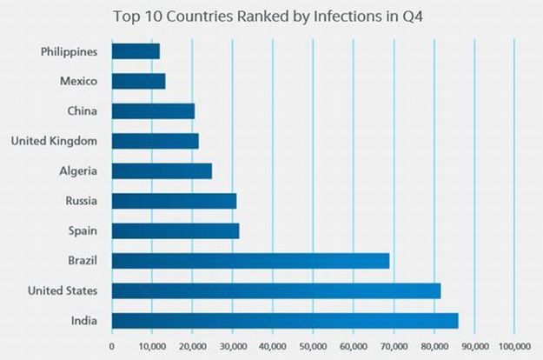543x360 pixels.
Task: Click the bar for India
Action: coord(285,321)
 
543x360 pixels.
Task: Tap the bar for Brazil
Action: coord(250,261)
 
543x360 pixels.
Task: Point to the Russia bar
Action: coord(174,201)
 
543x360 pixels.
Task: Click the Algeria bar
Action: coord(162,170)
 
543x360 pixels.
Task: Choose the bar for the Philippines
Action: coord(136,51)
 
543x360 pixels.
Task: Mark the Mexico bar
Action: coord(138,82)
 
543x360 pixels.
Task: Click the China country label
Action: coord(82,111)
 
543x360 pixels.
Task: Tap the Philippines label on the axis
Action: coord(70,51)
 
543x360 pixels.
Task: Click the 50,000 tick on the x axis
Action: coord(313,347)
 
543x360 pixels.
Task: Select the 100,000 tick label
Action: coord(514,347)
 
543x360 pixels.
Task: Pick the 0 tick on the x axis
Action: coord(112,347)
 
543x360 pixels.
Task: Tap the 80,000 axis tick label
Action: coord(434,347)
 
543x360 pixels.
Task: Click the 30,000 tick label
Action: coord(232,347)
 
